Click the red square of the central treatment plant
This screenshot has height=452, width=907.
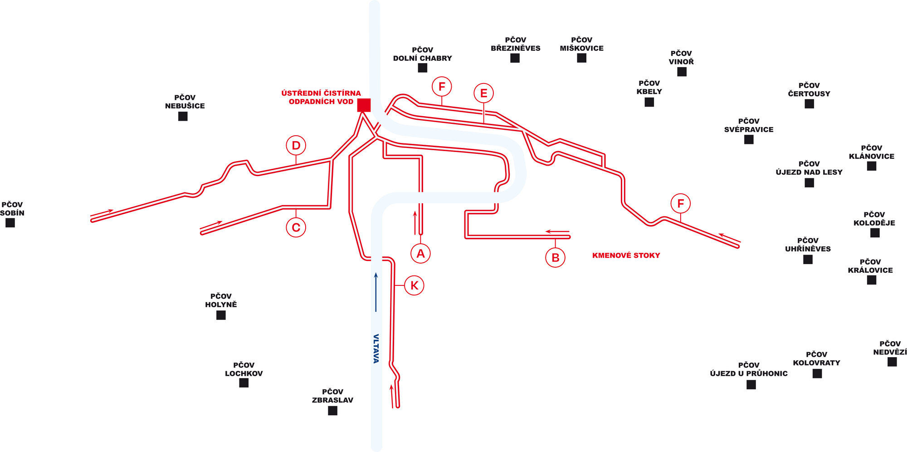(364, 105)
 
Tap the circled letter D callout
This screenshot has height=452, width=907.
(296, 146)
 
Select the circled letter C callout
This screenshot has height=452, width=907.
(296, 227)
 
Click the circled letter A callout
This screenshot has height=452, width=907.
(420, 253)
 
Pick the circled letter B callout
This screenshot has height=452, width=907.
(556, 257)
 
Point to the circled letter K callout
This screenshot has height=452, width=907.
(414, 285)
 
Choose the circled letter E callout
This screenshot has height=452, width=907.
(483, 93)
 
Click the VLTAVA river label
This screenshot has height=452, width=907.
(376, 349)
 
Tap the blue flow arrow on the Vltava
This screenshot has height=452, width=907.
(376, 292)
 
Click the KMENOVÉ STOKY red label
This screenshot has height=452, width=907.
(626, 255)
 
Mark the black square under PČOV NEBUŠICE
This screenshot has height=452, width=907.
(183, 116)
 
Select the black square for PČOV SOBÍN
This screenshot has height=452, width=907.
(10, 223)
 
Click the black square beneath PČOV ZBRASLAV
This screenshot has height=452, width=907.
(332, 411)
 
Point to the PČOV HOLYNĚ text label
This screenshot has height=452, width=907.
(221, 300)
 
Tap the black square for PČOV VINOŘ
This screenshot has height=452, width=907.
(682, 72)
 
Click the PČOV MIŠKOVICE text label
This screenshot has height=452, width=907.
(581, 44)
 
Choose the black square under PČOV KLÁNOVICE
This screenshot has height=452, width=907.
(872, 166)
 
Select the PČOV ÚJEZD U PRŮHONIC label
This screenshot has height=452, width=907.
(749, 369)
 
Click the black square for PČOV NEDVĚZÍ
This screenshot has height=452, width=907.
(892, 362)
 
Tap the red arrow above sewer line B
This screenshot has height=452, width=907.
(557, 232)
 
